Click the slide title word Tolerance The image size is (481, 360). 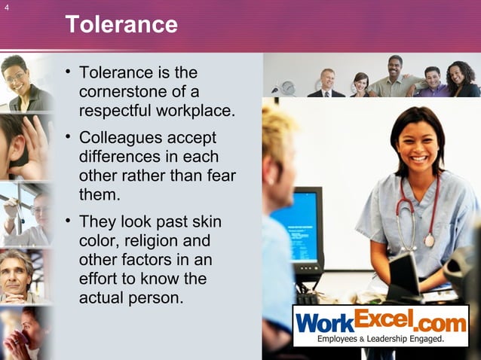point(121,25)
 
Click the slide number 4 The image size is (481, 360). point(6,9)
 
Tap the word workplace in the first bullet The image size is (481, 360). point(199,111)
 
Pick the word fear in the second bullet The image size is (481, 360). point(222,176)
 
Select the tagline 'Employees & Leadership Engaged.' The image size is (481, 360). point(380,339)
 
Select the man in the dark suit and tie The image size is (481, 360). point(326,84)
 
